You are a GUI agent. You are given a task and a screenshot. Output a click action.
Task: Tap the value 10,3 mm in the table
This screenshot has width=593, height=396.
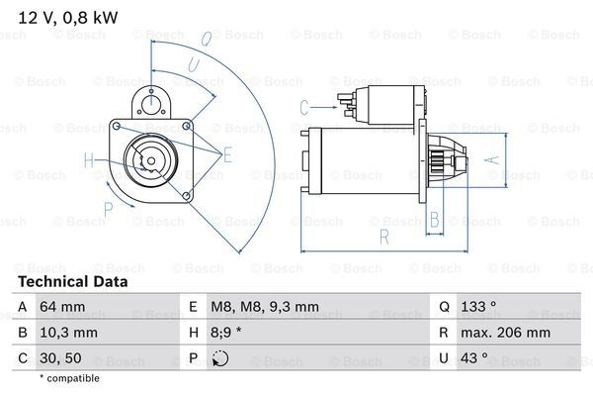click(x=69, y=334)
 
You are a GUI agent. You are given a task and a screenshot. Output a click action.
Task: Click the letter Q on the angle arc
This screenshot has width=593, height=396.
click(x=206, y=41)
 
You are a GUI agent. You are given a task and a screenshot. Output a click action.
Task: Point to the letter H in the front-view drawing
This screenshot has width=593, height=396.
click(x=89, y=159)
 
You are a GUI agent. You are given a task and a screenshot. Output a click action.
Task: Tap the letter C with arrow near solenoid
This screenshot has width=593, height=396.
click(x=304, y=104)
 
